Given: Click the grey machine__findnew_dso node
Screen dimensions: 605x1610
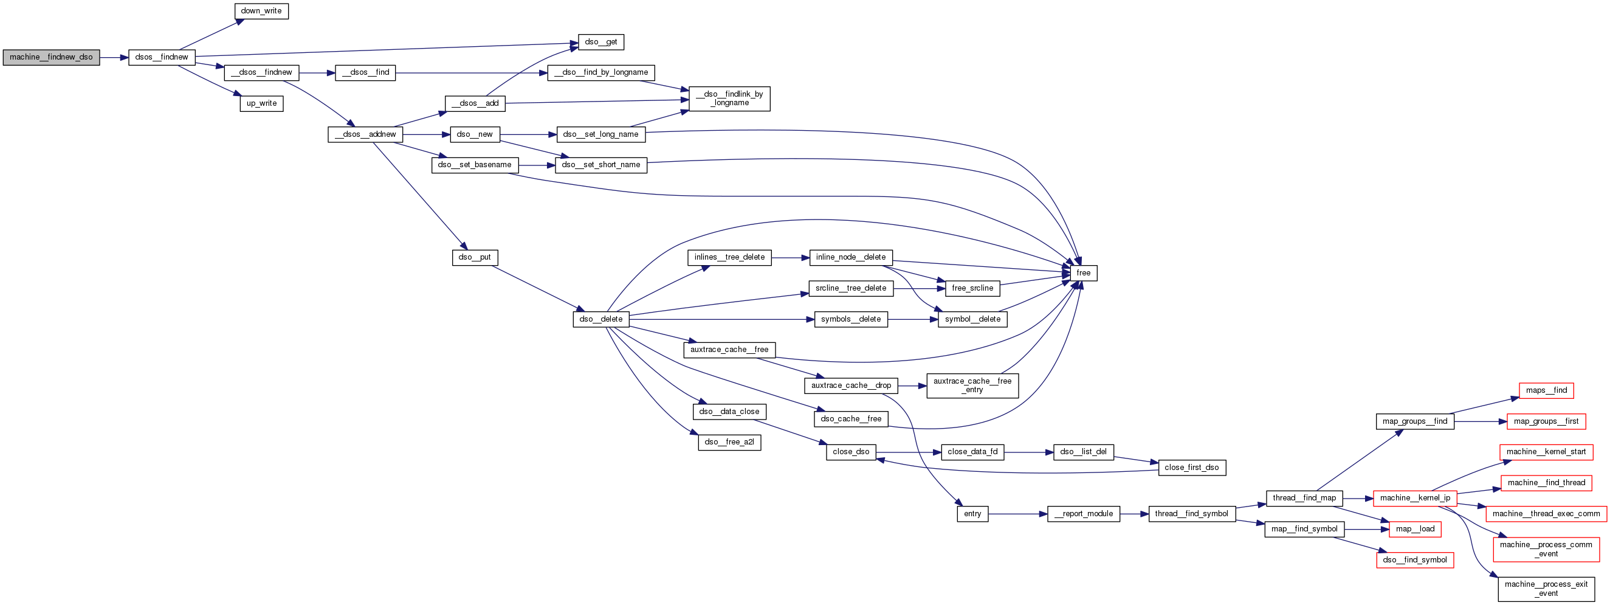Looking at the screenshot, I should [51, 58].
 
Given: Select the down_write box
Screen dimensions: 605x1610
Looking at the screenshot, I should [261, 12].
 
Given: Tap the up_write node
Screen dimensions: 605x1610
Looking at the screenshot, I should [261, 104].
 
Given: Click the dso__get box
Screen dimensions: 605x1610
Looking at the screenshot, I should [600, 42].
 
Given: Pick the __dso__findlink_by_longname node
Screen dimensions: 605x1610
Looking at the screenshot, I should [729, 99].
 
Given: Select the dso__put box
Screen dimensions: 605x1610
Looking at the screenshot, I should [475, 257].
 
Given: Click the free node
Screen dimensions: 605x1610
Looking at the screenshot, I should [1083, 273].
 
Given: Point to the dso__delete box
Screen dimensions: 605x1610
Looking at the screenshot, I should [600, 319].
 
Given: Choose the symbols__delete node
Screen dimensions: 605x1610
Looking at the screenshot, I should [851, 319].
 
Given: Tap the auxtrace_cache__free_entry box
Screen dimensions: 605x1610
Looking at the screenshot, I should [972, 385].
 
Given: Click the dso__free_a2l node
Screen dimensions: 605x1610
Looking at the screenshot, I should [729, 443].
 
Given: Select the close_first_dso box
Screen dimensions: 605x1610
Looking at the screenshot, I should [1191, 468].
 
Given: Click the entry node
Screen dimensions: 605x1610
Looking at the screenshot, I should [972, 514].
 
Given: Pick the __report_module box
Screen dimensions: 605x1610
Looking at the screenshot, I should [1083, 514].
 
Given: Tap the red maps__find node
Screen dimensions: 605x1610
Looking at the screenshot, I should [1546, 390].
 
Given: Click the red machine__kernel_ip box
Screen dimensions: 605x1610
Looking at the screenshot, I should [1415, 498].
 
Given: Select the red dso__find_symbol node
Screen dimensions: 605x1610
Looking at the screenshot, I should [1415, 560].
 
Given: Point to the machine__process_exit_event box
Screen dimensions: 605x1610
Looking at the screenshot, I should [1546, 589].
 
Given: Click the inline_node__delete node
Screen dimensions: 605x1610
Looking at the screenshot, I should [851, 257].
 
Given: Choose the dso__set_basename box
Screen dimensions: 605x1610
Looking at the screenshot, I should [475, 165].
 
